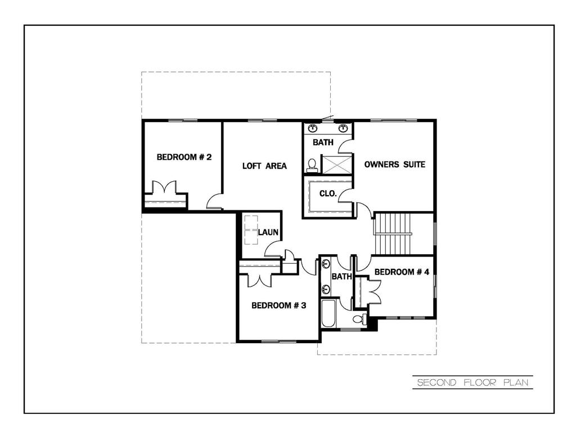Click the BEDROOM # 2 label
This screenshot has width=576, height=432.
(184, 157)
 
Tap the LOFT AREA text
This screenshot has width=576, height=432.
(264, 166)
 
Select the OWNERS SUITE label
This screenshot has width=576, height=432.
(394, 164)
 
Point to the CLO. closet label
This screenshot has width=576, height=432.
(328, 193)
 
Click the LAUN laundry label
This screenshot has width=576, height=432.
(269, 232)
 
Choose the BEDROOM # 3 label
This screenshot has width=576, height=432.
(278, 305)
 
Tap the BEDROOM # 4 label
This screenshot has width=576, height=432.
(402, 272)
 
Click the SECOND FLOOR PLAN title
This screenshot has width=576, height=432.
(472, 383)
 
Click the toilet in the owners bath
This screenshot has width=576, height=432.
(312, 165)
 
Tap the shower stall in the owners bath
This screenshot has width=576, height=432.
(336, 165)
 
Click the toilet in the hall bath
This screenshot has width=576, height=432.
(358, 319)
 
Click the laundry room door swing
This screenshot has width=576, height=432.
(272, 248)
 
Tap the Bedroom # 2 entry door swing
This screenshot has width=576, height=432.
(214, 201)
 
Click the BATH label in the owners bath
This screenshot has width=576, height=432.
(323, 143)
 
